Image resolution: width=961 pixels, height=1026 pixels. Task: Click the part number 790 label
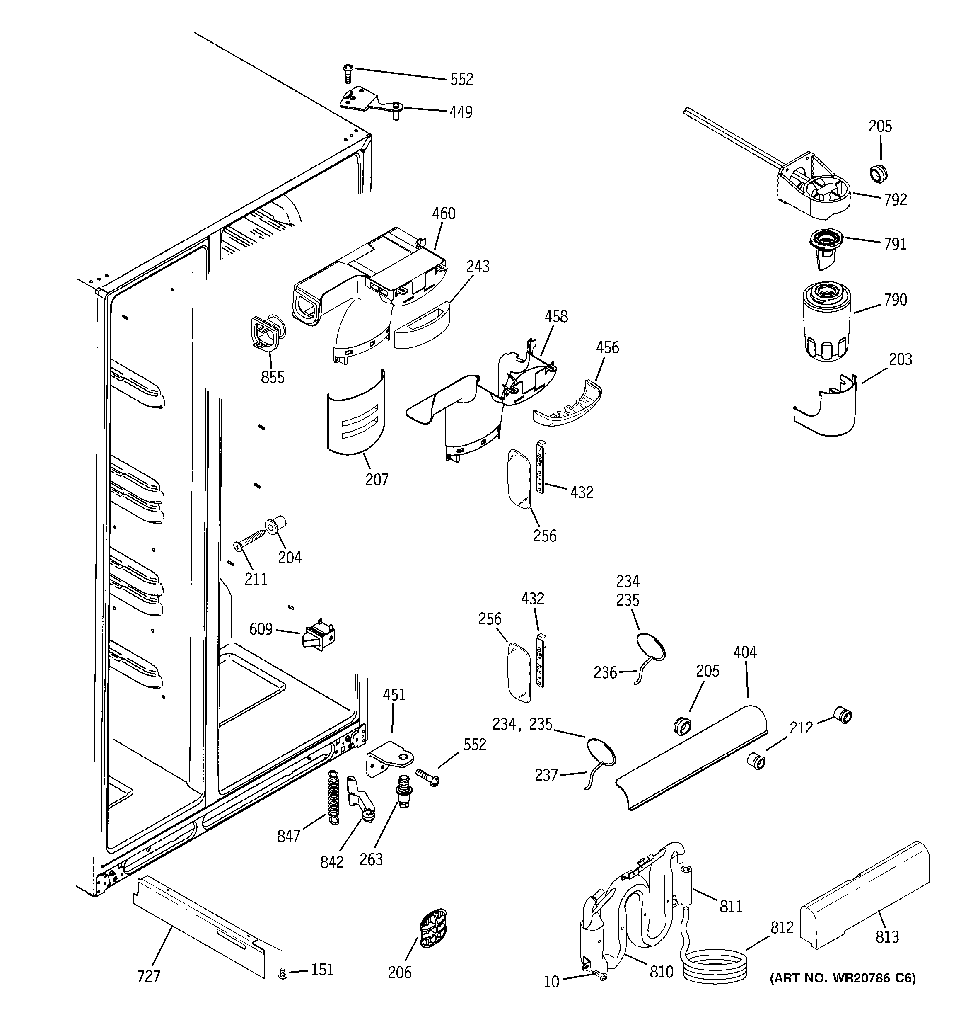click(x=895, y=300)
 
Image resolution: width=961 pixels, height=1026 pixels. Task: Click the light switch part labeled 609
click(x=318, y=635)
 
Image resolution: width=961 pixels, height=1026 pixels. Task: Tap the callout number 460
click(x=444, y=213)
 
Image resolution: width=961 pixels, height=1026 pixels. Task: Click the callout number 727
click(x=149, y=976)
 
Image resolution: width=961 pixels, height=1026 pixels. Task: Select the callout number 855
click(x=273, y=377)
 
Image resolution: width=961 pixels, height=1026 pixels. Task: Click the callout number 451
click(x=394, y=695)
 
